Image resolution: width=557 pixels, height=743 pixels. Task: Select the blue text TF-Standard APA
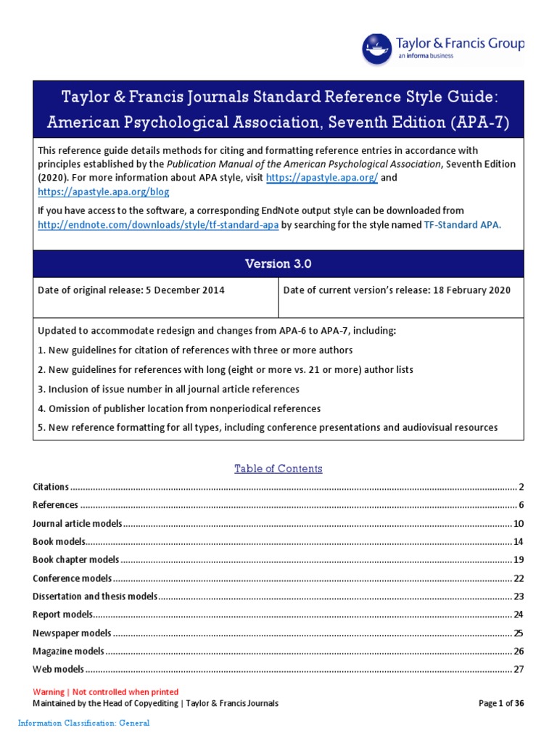point(461,225)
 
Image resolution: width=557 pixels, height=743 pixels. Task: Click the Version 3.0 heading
point(278,264)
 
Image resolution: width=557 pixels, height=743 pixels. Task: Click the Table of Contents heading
point(278,469)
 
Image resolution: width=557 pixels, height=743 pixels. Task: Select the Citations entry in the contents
point(51,487)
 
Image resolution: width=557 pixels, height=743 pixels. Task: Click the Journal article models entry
point(78,523)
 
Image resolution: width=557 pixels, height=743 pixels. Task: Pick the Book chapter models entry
point(75,559)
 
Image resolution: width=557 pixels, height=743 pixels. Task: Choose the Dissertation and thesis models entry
point(95,596)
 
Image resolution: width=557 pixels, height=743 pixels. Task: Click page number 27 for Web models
point(518,669)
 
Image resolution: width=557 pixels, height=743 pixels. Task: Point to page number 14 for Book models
point(518,542)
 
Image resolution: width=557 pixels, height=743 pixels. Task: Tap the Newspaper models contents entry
point(72,633)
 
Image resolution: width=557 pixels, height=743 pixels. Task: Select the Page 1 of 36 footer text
point(501,703)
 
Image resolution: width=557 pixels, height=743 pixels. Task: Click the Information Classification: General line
point(83,723)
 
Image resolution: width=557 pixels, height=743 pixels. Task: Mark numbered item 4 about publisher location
point(179,409)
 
